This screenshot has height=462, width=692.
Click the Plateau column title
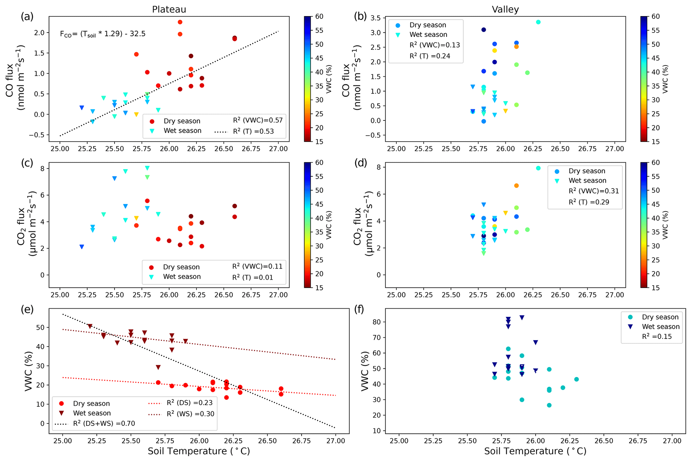[169, 9]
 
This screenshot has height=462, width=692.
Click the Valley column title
[505, 9]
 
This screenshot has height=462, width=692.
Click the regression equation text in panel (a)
[102, 34]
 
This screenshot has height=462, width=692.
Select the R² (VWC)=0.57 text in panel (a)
[258, 120]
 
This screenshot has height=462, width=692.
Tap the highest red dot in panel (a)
[180, 22]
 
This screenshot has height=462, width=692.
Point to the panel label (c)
[27, 163]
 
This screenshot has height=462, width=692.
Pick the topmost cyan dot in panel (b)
[538, 22]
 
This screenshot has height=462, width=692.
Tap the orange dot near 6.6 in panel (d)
[516, 186]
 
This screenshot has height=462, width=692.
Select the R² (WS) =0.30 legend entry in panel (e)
[190, 414]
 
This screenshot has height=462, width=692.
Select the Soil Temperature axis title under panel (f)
[535, 451]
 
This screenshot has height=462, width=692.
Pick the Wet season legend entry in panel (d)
[587, 181]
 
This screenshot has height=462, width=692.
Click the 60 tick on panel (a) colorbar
[319, 17]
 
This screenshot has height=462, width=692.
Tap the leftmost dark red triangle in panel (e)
[90, 326]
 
